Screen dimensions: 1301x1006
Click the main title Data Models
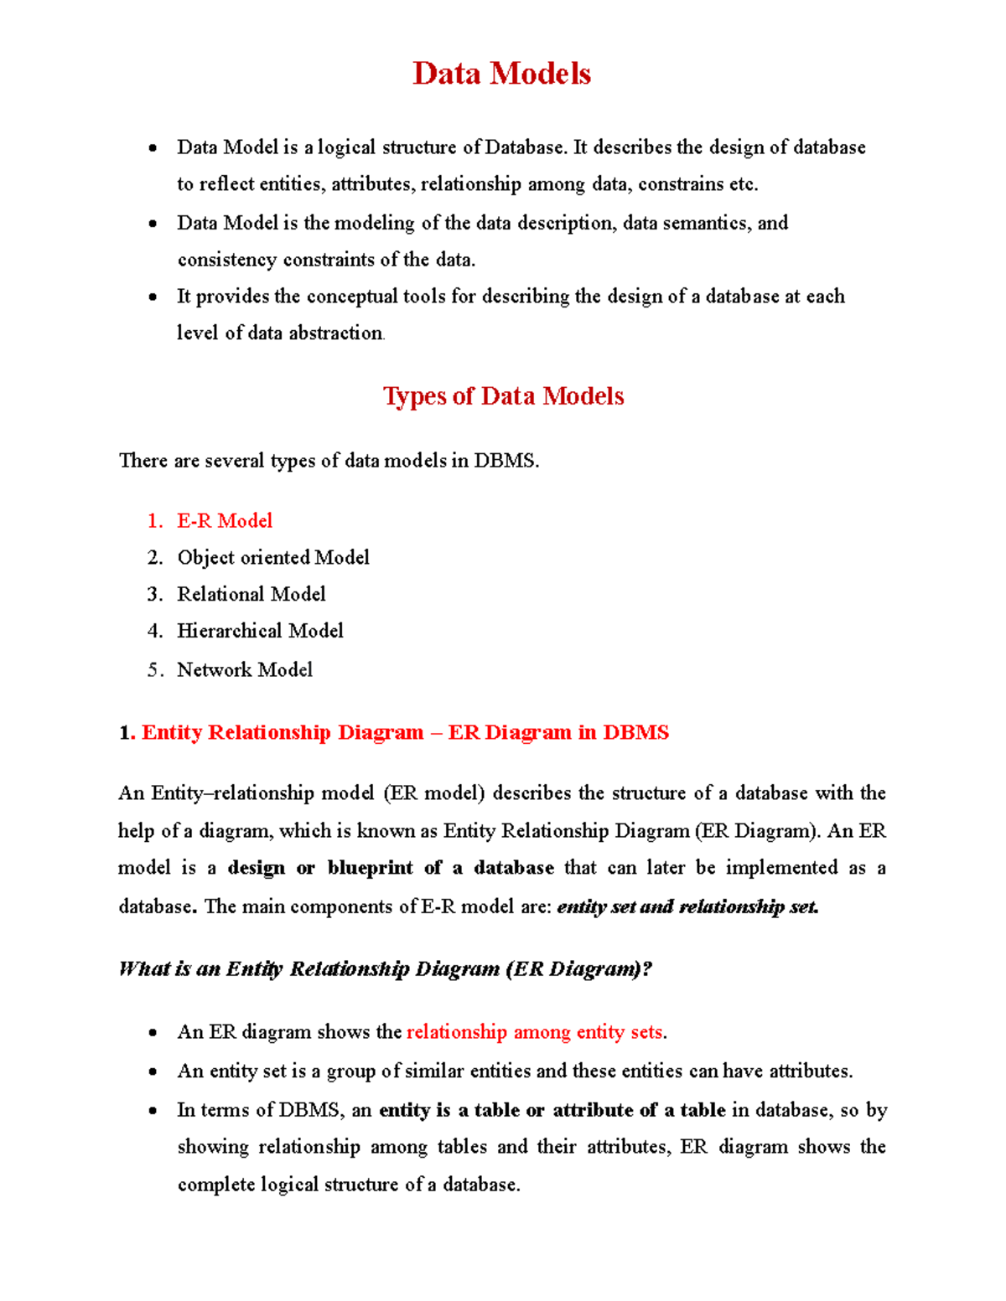[x=501, y=74]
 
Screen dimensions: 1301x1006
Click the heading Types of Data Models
[x=503, y=395]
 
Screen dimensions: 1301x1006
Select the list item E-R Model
[x=225, y=520]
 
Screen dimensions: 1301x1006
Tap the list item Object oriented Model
[x=273, y=557]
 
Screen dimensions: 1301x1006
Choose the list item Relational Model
[x=251, y=594]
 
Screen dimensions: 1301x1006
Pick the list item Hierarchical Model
[x=260, y=630]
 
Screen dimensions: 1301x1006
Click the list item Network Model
[x=245, y=669]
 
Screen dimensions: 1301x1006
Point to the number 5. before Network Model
[x=154, y=669]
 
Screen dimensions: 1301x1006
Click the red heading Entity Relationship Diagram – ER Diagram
[x=405, y=732]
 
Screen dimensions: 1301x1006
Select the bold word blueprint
[x=370, y=868]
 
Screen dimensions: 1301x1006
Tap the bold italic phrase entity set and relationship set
[x=687, y=906]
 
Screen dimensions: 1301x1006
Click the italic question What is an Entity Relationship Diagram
[x=386, y=969]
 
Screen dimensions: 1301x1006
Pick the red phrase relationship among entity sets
[x=534, y=1032]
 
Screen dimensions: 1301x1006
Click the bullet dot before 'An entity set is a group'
[x=153, y=1071]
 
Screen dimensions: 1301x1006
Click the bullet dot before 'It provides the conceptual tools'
[x=153, y=297]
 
